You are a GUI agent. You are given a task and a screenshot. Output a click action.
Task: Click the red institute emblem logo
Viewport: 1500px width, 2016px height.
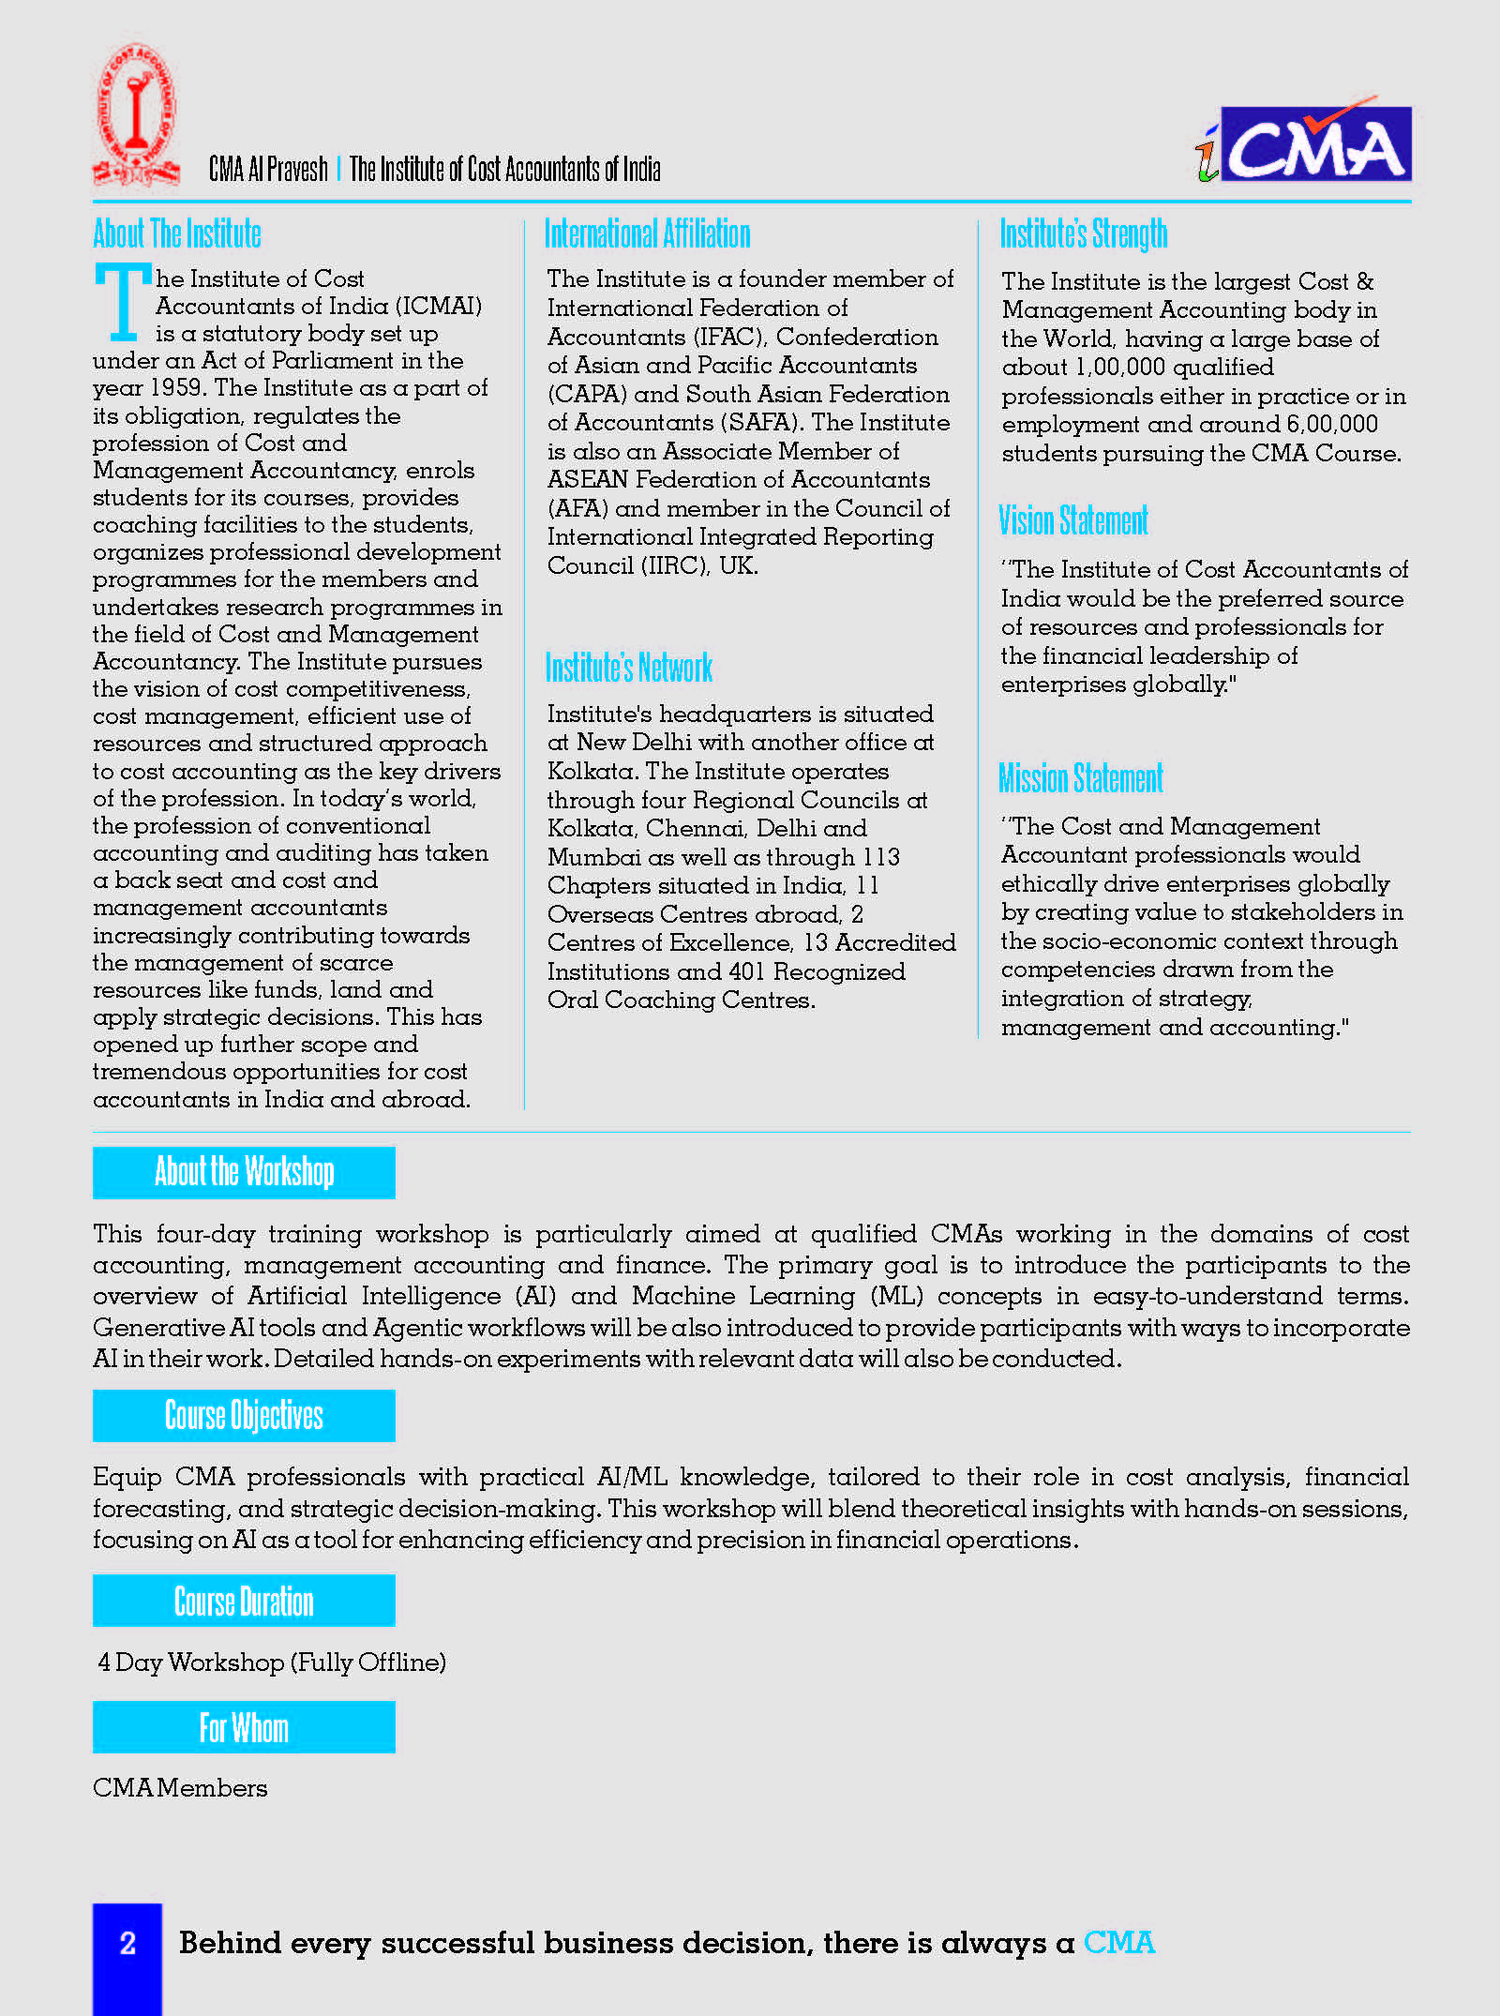(136, 114)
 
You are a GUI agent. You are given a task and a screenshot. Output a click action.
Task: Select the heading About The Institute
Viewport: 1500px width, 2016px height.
(177, 233)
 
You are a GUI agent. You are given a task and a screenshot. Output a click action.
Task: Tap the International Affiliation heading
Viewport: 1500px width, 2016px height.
(647, 233)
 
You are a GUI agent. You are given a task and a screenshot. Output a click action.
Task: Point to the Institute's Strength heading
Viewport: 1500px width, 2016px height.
(1083, 233)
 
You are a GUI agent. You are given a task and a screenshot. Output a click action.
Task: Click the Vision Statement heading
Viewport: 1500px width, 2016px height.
(1072, 520)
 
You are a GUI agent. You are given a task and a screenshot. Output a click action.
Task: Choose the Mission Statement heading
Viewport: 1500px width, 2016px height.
(1080, 778)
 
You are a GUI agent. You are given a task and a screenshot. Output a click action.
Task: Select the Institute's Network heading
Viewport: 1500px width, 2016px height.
(628, 668)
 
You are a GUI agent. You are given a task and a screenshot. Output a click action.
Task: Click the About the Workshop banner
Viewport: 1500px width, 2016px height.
(244, 1172)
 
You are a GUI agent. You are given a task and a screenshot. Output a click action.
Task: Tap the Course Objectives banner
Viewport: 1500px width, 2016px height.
(244, 1415)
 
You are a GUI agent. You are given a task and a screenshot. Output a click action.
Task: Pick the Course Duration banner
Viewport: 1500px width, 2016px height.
(244, 1601)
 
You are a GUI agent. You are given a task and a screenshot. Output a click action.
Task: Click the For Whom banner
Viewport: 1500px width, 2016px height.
(244, 1727)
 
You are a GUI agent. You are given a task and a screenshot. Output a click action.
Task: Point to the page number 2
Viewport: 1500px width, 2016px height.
(127, 1943)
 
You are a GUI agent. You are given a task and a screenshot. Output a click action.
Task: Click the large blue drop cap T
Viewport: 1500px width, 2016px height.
(122, 302)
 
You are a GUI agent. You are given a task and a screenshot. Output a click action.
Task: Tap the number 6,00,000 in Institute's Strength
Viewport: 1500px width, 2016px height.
(1331, 425)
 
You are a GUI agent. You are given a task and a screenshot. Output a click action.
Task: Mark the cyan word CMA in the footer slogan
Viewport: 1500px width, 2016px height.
(1118, 1943)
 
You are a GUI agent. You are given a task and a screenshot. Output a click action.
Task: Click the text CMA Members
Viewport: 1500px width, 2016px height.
(180, 1788)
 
